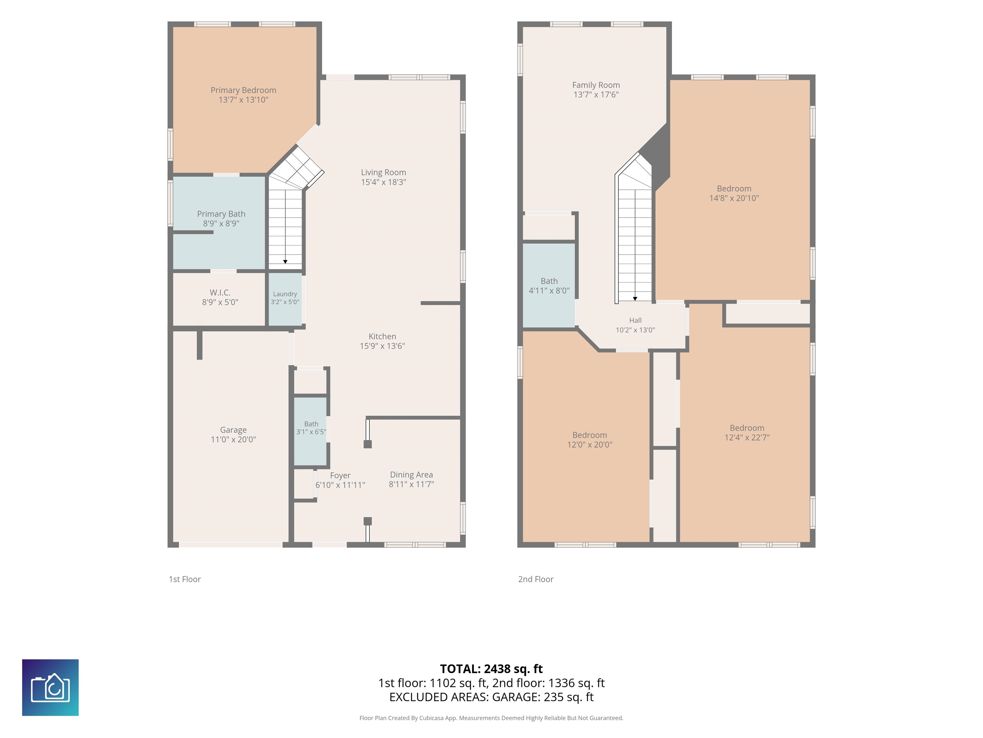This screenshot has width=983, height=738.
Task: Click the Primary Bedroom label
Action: [x=243, y=90]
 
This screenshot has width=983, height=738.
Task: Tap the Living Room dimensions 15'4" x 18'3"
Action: [x=384, y=182]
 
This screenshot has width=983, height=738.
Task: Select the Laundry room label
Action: [x=285, y=294]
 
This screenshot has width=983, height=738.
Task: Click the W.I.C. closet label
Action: [x=220, y=293]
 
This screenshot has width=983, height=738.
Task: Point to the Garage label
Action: [x=233, y=430]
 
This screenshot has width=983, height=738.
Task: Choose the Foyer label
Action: [x=340, y=476]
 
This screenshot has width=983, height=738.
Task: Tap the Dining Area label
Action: [x=412, y=475]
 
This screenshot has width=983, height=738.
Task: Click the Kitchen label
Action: [x=382, y=336]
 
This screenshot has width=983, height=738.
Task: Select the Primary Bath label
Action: [x=221, y=214]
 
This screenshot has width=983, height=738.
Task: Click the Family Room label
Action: [x=596, y=85]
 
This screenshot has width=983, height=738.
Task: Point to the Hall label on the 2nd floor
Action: [x=635, y=320]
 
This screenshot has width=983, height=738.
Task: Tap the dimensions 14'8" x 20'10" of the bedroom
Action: [x=734, y=198]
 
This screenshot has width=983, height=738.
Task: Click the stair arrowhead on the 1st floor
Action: [x=285, y=262]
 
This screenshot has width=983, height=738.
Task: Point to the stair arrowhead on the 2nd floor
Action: [x=635, y=299]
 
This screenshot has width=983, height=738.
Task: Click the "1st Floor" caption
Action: [x=185, y=579]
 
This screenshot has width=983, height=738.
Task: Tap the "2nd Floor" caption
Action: [x=536, y=579]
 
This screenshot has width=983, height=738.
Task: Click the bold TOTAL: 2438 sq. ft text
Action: [x=491, y=669]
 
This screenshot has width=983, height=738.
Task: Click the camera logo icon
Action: [x=50, y=688]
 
